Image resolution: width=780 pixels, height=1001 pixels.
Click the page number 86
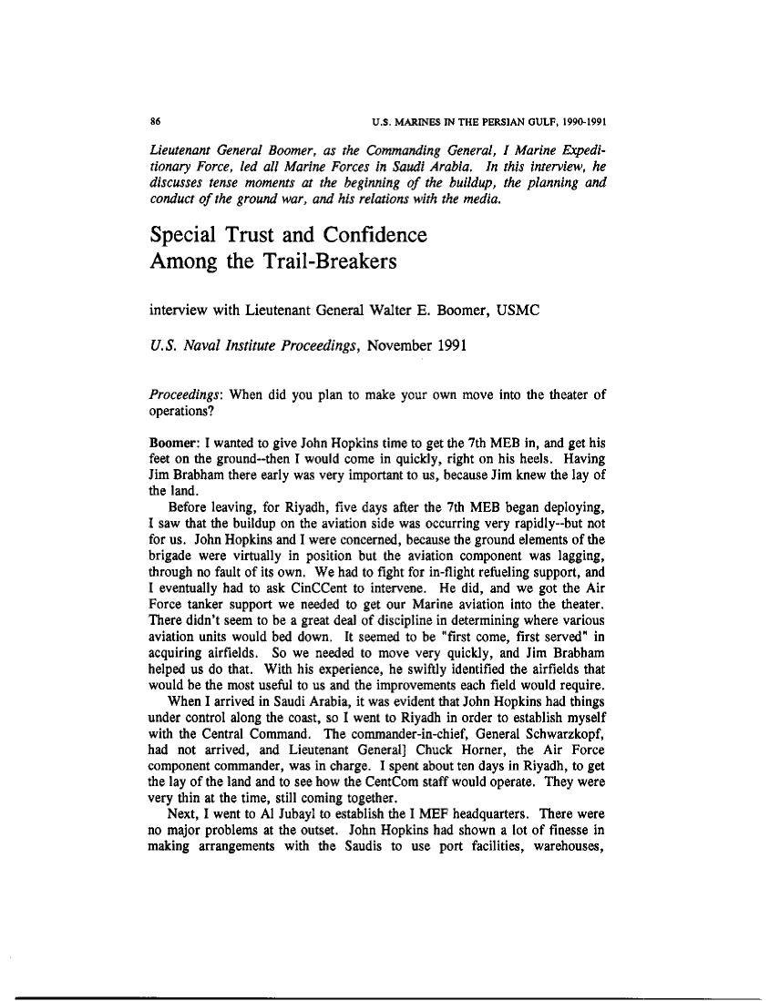[155, 121]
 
